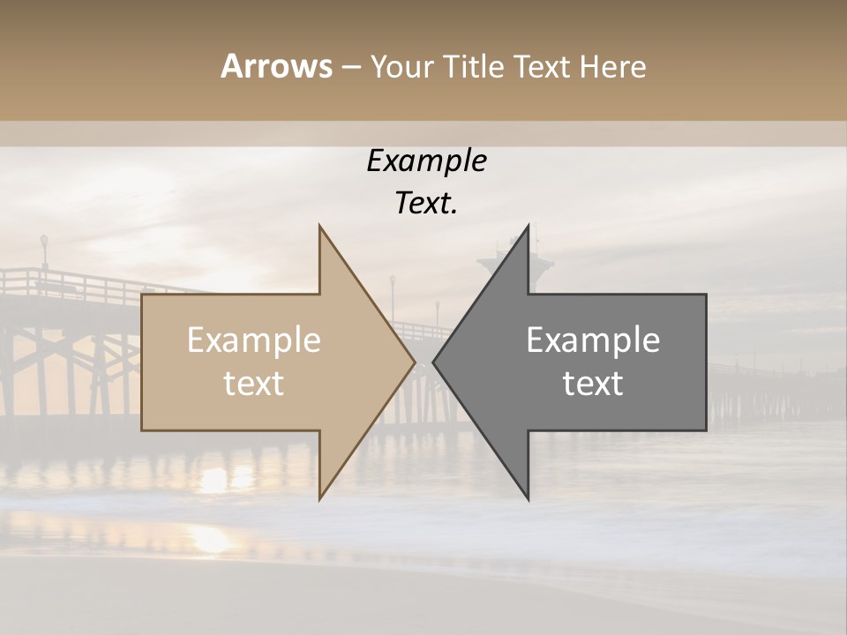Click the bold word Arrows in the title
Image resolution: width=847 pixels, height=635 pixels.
pyautogui.click(x=276, y=66)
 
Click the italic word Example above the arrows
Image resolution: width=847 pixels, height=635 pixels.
pyautogui.click(x=426, y=161)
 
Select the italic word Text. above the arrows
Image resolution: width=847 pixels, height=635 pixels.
pyautogui.click(x=426, y=204)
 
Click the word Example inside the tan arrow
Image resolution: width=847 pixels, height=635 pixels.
pyautogui.click(x=253, y=340)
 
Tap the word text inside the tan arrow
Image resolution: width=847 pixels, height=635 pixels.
pyautogui.click(x=253, y=384)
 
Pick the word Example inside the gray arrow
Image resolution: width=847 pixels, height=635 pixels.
pyautogui.click(x=593, y=340)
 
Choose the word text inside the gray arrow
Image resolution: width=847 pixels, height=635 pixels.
pyautogui.click(x=593, y=384)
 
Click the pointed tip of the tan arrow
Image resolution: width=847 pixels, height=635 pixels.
pyautogui.click(x=415, y=362)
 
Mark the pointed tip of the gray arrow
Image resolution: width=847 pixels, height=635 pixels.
pyautogui.click(x=433, y=362)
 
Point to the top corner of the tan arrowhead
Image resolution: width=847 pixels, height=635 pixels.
pyautogui.click(x=319, y=225)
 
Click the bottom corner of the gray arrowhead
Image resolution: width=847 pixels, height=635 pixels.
pyautogui.click(x=529, y=499)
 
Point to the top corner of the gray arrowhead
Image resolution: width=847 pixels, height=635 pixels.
pyautogui.click(x=529, y=225)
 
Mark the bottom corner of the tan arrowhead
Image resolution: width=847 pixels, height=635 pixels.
pyautogui.click(x=319, y=499)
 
